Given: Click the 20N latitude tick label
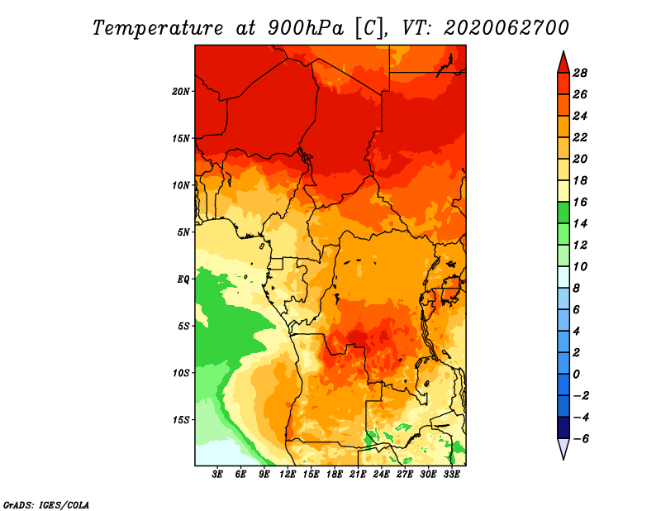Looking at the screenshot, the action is (181, 92).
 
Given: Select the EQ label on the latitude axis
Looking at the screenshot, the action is (183, 279).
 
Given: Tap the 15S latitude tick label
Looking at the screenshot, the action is (181, 420).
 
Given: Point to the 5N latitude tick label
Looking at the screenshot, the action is (183, 232).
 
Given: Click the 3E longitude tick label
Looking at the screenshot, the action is (217, 475).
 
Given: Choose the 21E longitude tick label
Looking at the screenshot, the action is (358, 475).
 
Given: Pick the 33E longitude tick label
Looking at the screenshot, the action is (451, 475).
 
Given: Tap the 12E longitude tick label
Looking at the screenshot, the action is (287, 475).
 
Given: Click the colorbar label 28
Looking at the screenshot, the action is (580, 73).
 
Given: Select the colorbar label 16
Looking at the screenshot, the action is (580, 202).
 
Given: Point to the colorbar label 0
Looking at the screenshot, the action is (576, 375).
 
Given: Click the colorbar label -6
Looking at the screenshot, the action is (581, 439).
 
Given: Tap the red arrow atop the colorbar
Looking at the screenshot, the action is (564, 64).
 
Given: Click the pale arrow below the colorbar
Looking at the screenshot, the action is (564, 448).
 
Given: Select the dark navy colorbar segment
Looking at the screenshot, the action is (564, 427).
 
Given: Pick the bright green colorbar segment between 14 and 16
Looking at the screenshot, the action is (564, 213).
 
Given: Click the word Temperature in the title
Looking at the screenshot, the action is (158, 28).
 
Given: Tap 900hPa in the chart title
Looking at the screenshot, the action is (306, 28).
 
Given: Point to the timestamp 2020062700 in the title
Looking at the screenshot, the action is (506, 28).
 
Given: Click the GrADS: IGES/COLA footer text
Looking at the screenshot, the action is (46, 505).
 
